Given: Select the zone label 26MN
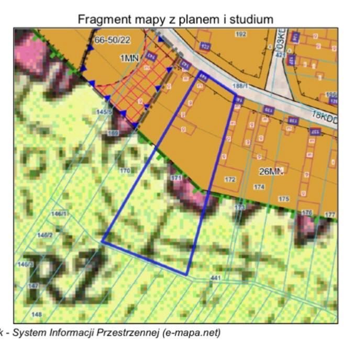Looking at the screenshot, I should pyautogui.click(x=271, y=171).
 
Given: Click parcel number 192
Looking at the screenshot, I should pyautogui.click(x=241, y=35).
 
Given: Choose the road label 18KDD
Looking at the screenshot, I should pyautogui.click(x=324, y=116).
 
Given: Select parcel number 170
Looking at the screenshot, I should pyautogui.click(x=125, y=171).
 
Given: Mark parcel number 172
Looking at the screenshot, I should pyautogui.click(x=230, y=179).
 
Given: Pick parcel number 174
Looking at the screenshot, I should pyautogui.click(x=259, y=186).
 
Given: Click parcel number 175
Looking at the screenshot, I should pyautogui.click(x=284, y=199).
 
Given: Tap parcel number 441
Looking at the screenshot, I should pyautogui.click(x=215, y=277).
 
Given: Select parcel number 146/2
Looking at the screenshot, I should pyautogui.click(x=45, y=235).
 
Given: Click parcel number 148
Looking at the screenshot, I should pyautogui.click(x=37, y=314).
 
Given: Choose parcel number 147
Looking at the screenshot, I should pyautogui.click(x=34, y=286).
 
